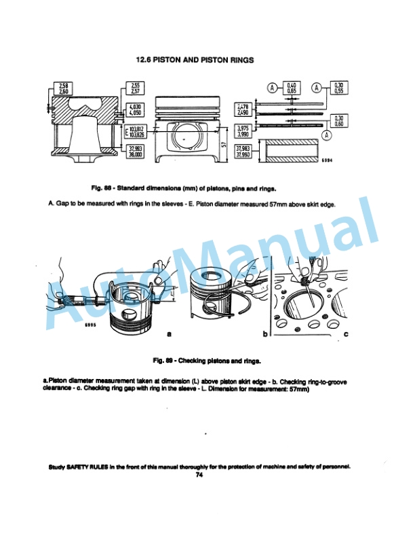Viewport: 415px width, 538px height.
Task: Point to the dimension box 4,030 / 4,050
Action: point(136,110)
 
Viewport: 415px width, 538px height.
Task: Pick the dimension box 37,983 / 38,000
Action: point(136,151)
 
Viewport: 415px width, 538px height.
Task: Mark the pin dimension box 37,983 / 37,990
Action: point(244,151)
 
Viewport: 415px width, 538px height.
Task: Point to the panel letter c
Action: point(346,334)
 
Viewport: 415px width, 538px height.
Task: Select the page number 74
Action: point(199,475)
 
